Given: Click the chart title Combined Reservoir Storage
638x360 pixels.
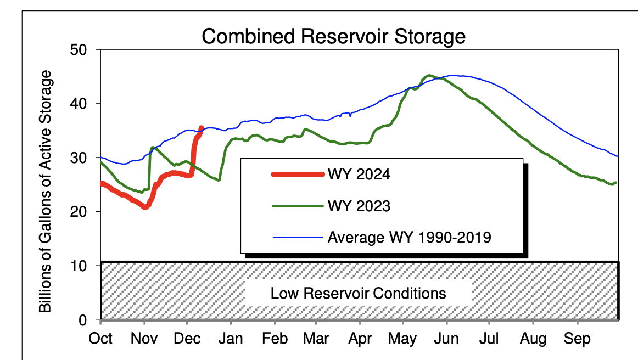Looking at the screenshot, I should (x=333, y=36).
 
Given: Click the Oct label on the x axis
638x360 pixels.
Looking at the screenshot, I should (x=100, y=339).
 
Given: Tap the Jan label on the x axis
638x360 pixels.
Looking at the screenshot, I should (x=231, y=339).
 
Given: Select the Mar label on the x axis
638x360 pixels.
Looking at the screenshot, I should (x=317, y=339).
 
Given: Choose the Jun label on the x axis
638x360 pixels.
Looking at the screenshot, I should (x=446, y=339).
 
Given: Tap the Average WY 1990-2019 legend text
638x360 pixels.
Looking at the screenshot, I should (x=409, y=238).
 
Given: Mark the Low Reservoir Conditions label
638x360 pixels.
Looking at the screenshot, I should (x=358, y=292).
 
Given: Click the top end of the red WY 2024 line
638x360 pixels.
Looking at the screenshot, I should (x=201, y=128).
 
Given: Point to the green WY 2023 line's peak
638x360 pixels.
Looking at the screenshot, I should (x=429, y=76).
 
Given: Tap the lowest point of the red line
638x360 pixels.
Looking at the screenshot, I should (x=145, y=207).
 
